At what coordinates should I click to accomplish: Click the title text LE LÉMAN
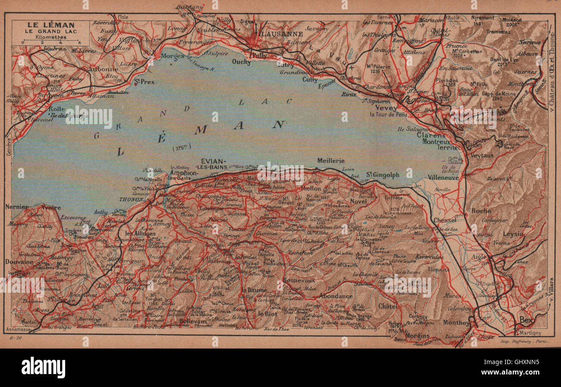point(50,25)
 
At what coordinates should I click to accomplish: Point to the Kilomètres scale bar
point(50,42)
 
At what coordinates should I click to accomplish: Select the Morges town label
point(172,56)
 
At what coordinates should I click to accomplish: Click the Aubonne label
point(103,69)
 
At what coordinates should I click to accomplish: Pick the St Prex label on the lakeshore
point(144,81)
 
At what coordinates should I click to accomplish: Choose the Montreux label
point(436,141)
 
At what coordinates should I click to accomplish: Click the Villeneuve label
point(443,177)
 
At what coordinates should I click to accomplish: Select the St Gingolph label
point(382,175)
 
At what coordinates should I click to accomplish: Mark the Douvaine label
point(19,262)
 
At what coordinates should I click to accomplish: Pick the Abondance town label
point(336,296)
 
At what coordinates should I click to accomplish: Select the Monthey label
point(456,323)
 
